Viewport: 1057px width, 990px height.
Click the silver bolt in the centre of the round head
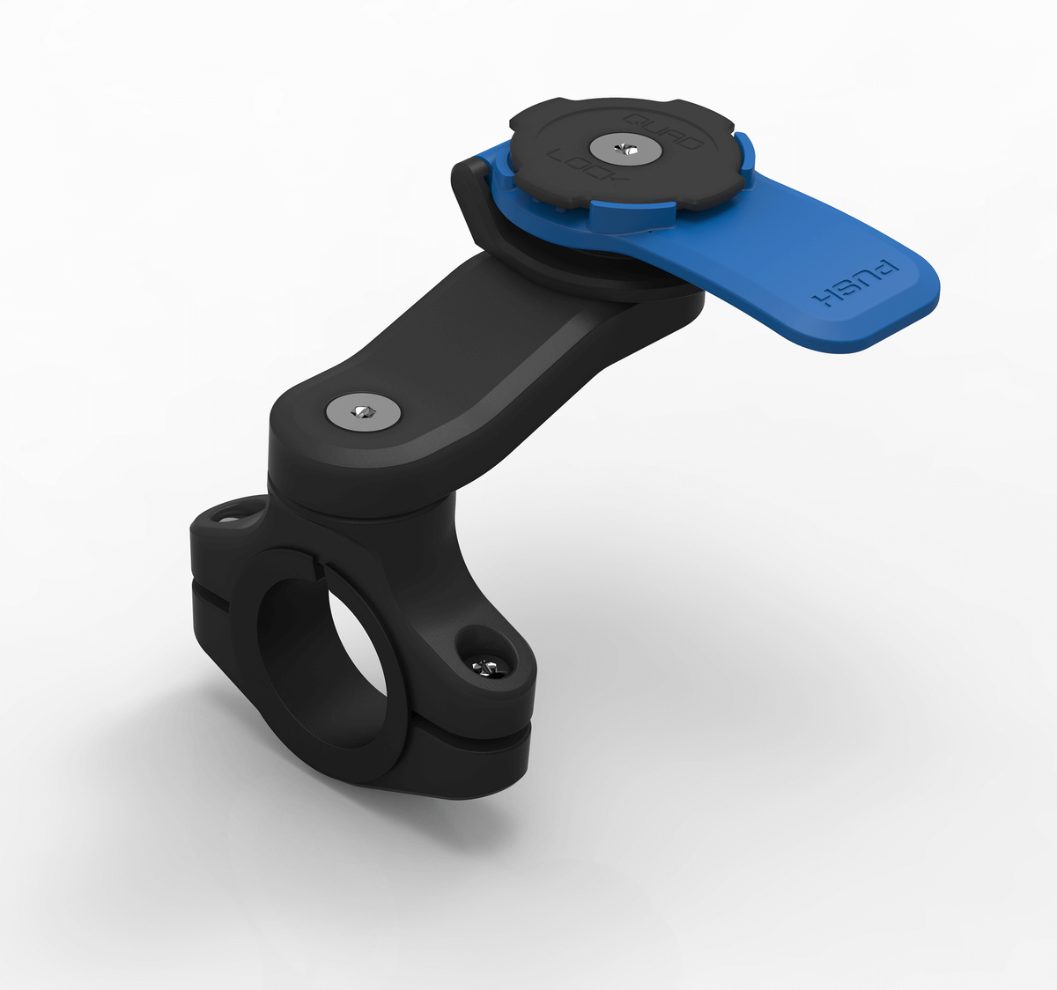coord(625,147)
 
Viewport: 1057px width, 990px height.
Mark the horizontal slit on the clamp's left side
coord(211,598)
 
